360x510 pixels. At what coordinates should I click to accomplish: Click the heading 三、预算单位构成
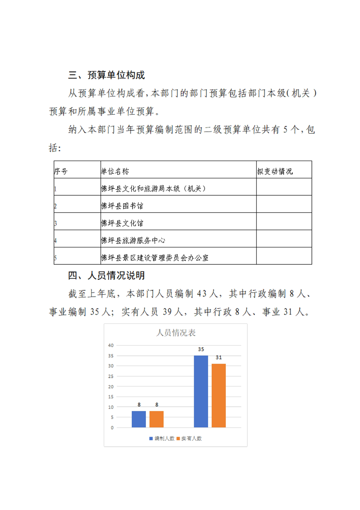tap(106, 75)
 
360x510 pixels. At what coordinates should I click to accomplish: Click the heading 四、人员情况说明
tap(106, 275)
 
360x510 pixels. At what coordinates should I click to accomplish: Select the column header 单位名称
tap(115, 172)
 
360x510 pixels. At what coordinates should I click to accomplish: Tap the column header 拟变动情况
tap(275, 172)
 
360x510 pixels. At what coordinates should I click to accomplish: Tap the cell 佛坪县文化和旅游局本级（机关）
tap(153, 188)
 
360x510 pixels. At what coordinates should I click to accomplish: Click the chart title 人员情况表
tap(175, 333)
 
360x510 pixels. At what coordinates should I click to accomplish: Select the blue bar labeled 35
tap(201, 391)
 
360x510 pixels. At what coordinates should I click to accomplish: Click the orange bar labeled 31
tap(219, 395)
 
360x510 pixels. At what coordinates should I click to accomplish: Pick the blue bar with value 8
tap(139, 419)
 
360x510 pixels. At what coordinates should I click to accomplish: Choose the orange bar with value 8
tap(156, 419)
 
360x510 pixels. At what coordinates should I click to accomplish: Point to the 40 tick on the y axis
tap(110, 345)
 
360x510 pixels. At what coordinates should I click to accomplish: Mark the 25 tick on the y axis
tap(110, 376)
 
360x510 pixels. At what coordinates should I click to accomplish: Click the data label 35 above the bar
tap(201, 350)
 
